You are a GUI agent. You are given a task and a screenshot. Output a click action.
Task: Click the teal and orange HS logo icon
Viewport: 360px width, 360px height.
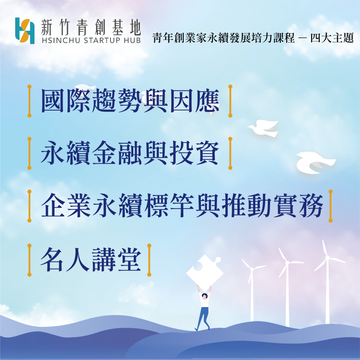25,30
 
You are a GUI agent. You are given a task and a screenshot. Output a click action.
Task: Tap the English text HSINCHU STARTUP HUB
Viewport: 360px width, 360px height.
91,40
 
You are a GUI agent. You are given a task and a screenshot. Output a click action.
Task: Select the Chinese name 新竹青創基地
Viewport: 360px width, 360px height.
91,27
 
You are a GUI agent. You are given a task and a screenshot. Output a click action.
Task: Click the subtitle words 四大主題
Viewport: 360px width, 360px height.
332,38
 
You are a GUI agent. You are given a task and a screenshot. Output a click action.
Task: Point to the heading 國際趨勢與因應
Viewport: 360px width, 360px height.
130,101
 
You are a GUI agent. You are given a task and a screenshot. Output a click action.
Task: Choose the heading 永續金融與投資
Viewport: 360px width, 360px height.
130,153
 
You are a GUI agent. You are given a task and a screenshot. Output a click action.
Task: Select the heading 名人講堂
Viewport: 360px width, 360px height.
91,260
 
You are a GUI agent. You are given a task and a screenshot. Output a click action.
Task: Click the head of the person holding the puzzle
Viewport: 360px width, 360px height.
204,296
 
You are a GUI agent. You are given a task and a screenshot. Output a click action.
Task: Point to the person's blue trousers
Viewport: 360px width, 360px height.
203,318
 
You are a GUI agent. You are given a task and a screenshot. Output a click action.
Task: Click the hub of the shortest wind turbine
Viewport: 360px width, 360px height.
252,269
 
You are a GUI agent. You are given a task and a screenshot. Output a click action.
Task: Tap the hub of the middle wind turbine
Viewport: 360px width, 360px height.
287,262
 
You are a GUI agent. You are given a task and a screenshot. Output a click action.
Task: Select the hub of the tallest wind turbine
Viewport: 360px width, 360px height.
327,257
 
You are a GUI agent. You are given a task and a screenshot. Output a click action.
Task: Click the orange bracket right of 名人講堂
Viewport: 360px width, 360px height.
149,260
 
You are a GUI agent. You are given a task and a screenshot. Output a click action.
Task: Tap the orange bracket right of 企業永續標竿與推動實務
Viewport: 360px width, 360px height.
330,206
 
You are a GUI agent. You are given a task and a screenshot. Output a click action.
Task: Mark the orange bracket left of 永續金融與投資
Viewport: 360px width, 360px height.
30,153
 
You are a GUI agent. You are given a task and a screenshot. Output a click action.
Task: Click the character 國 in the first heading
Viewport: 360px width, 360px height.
53,101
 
